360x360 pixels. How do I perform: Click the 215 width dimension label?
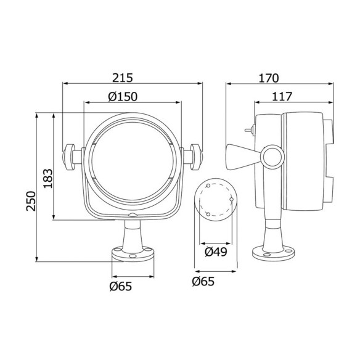click(x=123, y=78)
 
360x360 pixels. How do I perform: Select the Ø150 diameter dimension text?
click(x=123, y=97)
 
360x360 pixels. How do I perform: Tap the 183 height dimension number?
click(x=48, y=178)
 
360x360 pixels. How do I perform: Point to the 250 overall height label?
click(x=31, y=201)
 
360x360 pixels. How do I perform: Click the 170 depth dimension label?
click(x=269, y=78)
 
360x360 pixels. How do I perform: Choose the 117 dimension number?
click(x=282, y=97)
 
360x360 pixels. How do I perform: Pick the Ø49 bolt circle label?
click(x=216, y=252)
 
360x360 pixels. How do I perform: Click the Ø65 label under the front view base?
click(x=121, y=286)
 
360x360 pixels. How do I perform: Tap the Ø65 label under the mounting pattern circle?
click(x=203, y=282)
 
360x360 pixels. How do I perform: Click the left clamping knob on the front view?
click(x=68, y=157)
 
